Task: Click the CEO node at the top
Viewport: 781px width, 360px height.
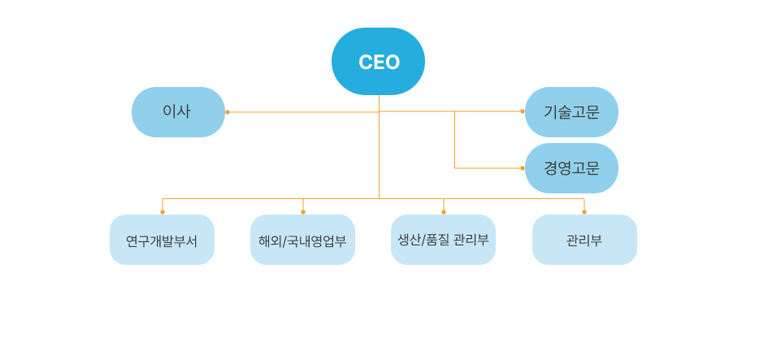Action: (x=378, y=62)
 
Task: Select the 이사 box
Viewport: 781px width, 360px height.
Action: (x=178, y=112)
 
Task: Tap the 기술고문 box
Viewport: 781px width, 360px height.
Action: (x=571, y=112)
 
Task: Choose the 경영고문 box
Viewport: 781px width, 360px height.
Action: (x=571, y=168)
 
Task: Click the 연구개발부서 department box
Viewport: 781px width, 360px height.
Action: (x=162, y=240)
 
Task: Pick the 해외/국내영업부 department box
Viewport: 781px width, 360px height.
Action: (x=302, y=240)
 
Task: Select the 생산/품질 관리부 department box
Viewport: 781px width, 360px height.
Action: (x=443, y=240)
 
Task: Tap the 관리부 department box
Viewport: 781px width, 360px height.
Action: (x=584, y=240)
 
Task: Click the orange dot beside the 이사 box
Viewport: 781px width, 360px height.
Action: (x=228, y=112)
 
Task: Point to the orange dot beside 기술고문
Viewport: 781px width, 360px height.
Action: (x=523, y=111)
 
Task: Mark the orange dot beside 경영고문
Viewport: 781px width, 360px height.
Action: (x=523, y=168)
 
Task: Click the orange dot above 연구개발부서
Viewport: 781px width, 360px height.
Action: (x=163, y=212)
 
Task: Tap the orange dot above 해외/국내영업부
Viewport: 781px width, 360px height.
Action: (x=303, y=212)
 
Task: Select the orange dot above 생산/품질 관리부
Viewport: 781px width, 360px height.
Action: (x=444, y=212)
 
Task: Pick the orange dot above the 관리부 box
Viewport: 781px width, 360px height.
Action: (x=584, y=212)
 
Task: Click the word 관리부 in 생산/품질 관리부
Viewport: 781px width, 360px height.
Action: (x=471, y=240)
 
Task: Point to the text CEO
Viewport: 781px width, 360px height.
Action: (x=379, y=63)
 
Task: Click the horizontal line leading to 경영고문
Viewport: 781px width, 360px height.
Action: (x=488, y=168)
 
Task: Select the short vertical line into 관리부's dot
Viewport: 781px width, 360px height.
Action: (x=584, y=205)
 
